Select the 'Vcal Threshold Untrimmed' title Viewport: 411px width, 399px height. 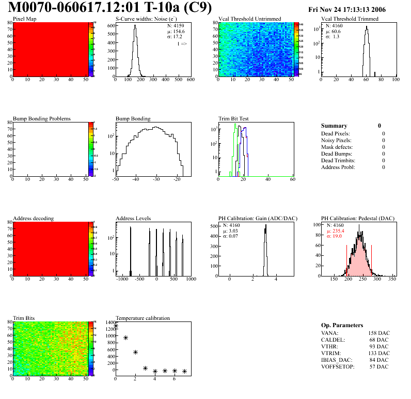tap(250, 19)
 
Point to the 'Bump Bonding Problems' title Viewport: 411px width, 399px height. tap(42, 118)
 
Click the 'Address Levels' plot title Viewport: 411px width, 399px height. tap(133, 218)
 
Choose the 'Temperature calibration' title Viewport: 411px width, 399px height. tap(143, 318)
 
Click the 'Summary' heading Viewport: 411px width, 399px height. tap(334, 126)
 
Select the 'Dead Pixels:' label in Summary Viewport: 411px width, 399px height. tap(335, 133)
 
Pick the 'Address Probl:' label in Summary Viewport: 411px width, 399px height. tap(338, 167)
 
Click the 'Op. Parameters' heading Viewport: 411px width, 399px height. tap(342, 325)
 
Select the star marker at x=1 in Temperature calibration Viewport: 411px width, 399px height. tap(125, 337)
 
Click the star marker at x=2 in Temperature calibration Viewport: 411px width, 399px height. tap(135, 352)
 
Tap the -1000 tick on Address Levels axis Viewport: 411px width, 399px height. tap(122, 279)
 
